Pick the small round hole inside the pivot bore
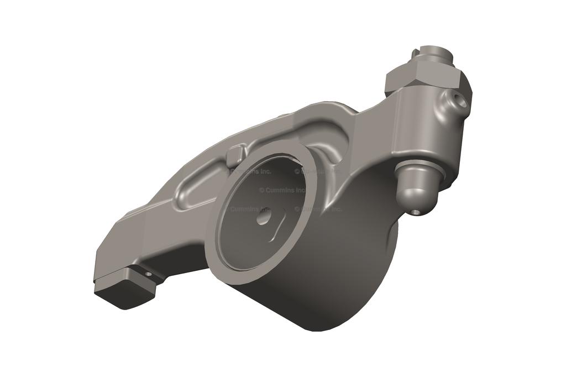(261, 218)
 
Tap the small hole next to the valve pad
(148, 273)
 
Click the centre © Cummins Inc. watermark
(282, 190)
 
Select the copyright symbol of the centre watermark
(261, 190)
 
